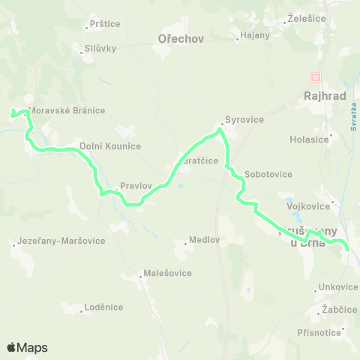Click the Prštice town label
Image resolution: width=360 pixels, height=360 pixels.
(104, 24)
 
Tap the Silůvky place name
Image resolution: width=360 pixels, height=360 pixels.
(100, 49)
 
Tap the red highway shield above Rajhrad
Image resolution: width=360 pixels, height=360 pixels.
(316, 77)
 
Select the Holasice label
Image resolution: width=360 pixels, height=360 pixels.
(309, 139)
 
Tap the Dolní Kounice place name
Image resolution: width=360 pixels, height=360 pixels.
(110, 146)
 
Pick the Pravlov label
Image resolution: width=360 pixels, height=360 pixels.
(135, 184)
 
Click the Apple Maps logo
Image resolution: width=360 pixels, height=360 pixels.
(27, 347)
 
